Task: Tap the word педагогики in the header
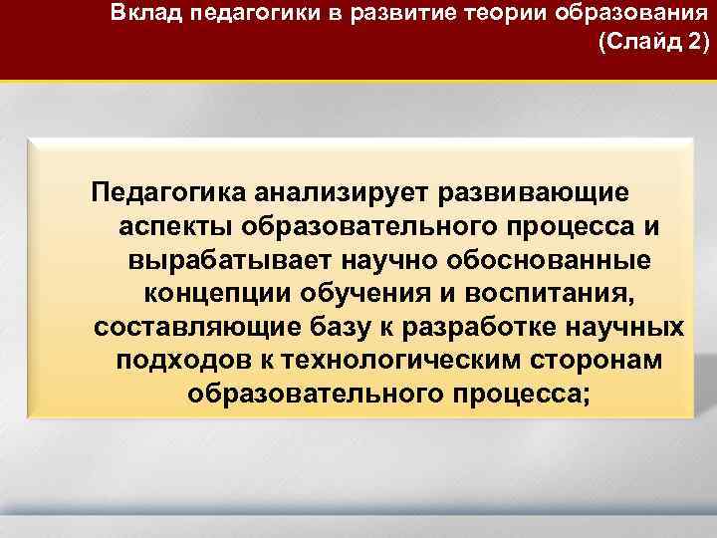[x=242, y=14]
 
